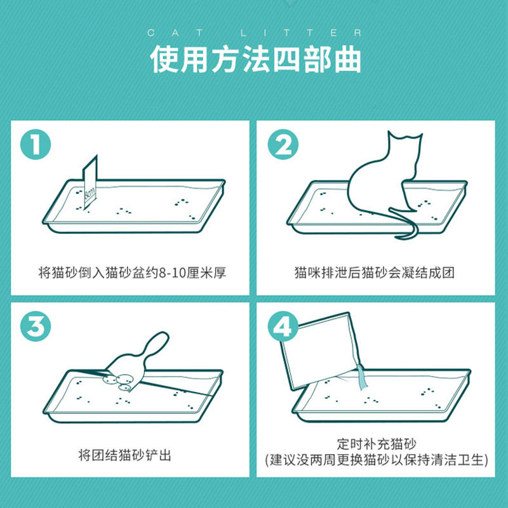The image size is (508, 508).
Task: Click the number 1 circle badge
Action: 36,145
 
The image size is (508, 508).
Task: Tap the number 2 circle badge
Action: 283,145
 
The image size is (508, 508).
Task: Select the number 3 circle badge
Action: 36,326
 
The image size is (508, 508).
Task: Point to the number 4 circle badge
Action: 283,326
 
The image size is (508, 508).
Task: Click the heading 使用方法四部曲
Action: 256,59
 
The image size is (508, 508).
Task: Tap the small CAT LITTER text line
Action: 255,33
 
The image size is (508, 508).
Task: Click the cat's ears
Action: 405,136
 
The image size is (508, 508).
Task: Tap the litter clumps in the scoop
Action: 118,382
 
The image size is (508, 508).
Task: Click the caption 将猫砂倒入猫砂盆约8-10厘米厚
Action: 132,273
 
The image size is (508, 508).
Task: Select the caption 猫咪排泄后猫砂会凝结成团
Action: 375,273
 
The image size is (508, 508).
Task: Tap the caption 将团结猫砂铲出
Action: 124,455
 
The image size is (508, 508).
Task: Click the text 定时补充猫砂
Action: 376,443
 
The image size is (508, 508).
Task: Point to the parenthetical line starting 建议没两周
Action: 376,460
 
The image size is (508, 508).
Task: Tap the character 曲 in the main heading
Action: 348,59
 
